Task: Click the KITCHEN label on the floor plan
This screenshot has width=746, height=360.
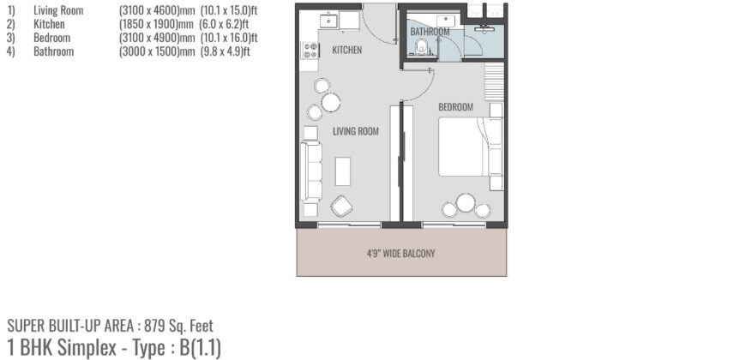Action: point(346,50)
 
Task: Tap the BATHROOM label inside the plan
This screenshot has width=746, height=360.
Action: point(430,32)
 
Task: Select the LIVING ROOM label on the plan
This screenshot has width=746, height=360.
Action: point(355,131)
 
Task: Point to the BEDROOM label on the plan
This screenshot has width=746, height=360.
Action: point(455,107)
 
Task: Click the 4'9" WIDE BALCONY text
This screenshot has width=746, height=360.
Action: point(401,253)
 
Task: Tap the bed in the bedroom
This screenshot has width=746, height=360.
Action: point(470,147)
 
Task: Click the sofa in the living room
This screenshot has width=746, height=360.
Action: point(311,171)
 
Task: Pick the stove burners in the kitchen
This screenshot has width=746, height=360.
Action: point(310,51)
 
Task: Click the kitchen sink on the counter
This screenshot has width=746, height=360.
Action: point(327,20)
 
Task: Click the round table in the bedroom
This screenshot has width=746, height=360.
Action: point(466,203)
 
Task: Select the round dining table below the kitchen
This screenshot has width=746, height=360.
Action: point(330,103)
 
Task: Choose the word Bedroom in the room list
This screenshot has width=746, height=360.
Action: point(52,38)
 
